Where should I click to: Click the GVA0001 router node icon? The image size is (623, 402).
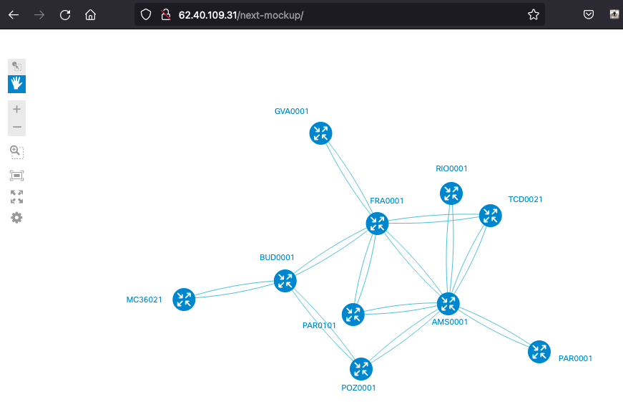point(320,133)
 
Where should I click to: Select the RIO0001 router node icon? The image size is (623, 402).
point(451,193)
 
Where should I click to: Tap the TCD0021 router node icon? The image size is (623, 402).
point(490,216)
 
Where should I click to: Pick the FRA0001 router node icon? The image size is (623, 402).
point(377,224)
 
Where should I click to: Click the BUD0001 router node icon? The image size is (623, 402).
point(285,281)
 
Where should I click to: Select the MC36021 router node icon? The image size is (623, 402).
point(184,300)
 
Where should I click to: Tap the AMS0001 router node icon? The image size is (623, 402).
point(448,304)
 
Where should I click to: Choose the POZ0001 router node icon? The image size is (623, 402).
point(361,369)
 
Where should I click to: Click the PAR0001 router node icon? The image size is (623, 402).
point(539,352)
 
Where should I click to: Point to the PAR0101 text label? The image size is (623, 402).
point(319,325)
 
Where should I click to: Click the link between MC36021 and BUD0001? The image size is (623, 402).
point(235,289)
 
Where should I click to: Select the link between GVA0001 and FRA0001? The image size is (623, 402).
point(349,178)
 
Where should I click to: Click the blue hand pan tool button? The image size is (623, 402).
point(16,84)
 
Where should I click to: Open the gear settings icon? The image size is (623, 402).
point(16,218)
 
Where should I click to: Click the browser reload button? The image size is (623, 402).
point(65,15)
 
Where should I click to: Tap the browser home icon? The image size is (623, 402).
point(91,15)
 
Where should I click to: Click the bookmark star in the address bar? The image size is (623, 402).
point(534,15)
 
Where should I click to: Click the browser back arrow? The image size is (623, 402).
point(14,15)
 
